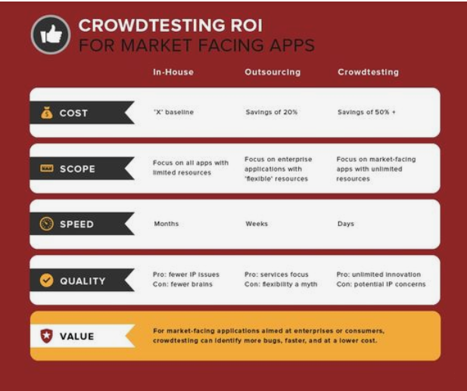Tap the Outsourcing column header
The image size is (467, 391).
272,73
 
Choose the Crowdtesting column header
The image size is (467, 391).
368,73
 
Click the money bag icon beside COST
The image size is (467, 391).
46,113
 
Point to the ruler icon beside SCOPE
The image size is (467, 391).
46,169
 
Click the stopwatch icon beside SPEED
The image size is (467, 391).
46,225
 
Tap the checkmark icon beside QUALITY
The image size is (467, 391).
46,281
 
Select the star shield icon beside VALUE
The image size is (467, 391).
46,336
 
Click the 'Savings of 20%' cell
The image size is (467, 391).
271,113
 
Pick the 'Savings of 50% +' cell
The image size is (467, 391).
366,113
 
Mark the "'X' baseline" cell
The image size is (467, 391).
173,113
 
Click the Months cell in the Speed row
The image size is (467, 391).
166,224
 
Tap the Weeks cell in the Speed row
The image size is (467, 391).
257,224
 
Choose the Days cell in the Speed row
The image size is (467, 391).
346,224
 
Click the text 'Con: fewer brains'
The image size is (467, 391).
183,285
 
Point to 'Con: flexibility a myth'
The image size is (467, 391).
281,285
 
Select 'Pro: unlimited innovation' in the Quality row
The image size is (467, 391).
378,275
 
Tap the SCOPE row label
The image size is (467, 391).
77,169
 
